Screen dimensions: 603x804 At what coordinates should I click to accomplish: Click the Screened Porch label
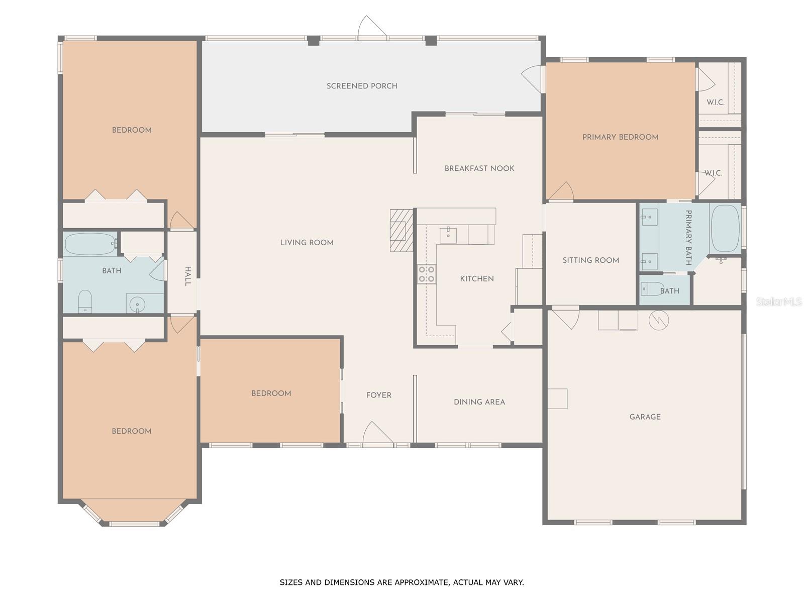pos(362,86)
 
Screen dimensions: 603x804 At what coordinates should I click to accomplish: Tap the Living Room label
pos(307,243)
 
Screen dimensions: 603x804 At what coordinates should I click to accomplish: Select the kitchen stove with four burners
pos(427,274)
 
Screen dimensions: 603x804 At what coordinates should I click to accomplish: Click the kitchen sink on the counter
pos(448,235)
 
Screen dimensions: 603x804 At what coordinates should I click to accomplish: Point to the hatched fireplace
pos(401,230)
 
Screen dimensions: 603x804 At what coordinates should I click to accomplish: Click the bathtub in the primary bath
pos(725,228)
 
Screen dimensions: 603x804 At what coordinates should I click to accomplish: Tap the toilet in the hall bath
pos(85,301)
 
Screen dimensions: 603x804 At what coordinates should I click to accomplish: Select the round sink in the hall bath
pos(137,304)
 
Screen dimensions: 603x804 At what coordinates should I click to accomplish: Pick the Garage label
pos(645,417)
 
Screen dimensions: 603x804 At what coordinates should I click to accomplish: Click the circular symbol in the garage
pos(658,320)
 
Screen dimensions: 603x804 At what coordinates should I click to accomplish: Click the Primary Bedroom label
pos(620,137)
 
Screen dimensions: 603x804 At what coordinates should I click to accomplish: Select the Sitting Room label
pos(590,260)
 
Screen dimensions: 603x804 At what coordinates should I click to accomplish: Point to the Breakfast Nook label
pos(479,168)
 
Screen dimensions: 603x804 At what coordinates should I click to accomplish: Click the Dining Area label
pos(479,402)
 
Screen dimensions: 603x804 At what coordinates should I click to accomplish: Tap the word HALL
pos(187,276)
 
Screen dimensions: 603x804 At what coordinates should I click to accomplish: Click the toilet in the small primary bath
pos(652,289)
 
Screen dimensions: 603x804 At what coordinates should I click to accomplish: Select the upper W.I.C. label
pos(715,103)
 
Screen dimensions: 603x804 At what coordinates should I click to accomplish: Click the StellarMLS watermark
pos(779,301)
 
